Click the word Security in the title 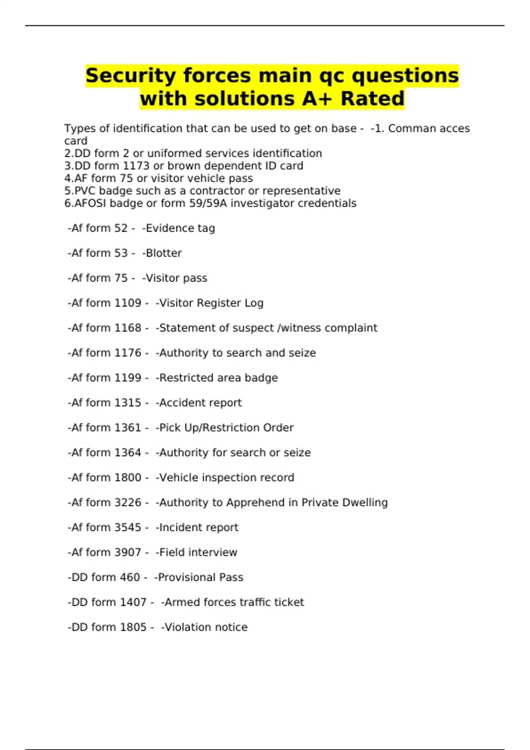(x=131, y=75)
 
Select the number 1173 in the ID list (x=136, y=166)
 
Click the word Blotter (x=163, y=253)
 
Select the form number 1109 (x=128, y=303)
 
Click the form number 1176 (x=128, y=353)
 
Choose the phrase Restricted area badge (x=218, y=378)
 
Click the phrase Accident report (x=200, y=403)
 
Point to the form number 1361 (x=128, y=428)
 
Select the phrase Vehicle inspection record (x=226, y=478)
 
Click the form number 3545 (x=128, y=528)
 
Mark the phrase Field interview (x=198, y=552)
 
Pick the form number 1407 (x=133, y=602)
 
